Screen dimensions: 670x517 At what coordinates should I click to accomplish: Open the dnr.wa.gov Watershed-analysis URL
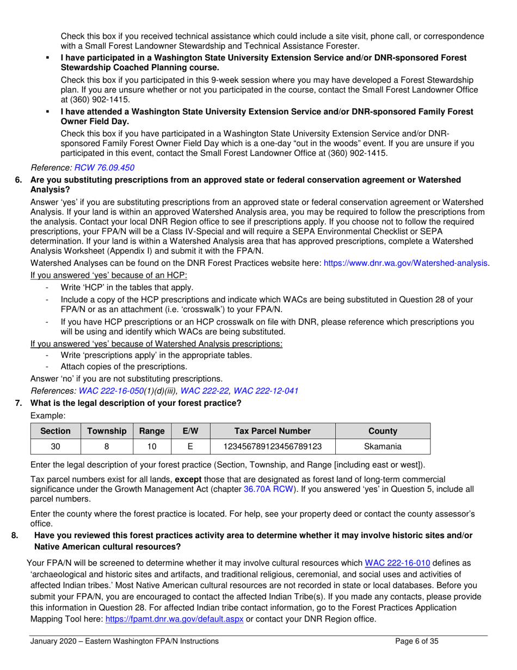[x=406, y=263]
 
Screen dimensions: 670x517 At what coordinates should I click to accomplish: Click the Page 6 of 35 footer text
[x=416, y=642]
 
